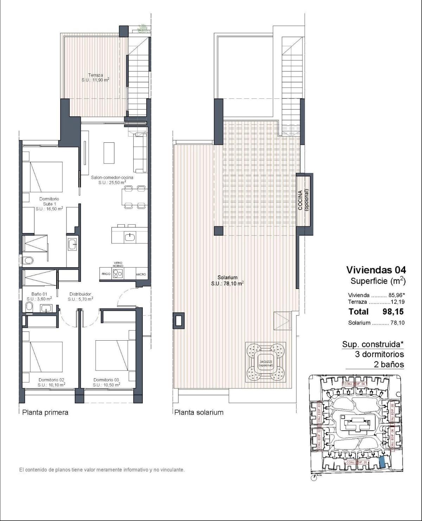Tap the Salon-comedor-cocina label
(112, 180)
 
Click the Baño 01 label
(39, 296)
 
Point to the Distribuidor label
(80, 296)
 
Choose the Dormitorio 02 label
(51, 382)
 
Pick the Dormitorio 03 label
(106, 382)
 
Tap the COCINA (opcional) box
(305, 200)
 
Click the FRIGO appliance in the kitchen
(106, 274)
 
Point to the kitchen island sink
(129, 237)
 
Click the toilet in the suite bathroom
(28, 260)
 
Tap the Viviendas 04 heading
(376, 270)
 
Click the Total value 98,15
(393, 311)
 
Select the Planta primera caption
(45, 412)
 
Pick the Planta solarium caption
(199, 412)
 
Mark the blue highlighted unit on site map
(382, 462)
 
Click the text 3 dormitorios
(379, 354)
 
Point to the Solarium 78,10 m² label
(227, 281)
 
